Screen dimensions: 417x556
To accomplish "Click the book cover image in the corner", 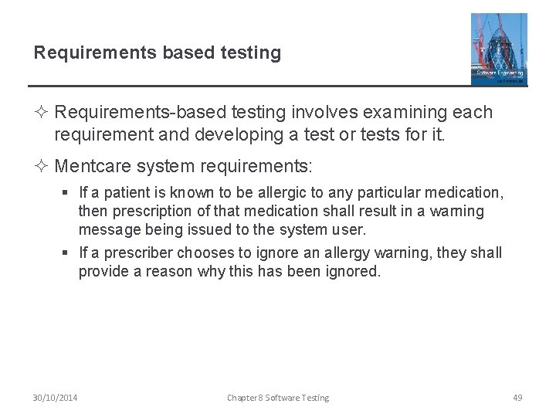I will click(x=499, y=49).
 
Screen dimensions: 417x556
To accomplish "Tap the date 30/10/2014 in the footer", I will click(x=54, y=398).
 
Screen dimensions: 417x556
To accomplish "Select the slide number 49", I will click(x=517, y=398).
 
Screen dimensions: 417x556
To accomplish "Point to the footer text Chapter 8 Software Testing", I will click(x=278, y=398).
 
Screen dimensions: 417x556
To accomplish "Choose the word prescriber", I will click(x=136, y=253).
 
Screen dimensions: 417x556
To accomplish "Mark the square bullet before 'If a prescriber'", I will click(x=69, y=253).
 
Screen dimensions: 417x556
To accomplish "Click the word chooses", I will click(x=202, y=253).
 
